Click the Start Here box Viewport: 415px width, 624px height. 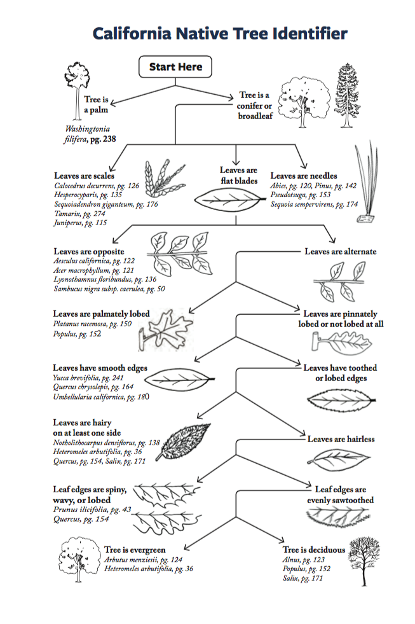(x=175, y=67)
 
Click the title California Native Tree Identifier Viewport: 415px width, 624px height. (x=220, y=33)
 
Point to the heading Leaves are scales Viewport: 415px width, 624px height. (x=84, y=175)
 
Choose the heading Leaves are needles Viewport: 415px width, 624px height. (x=304, y=175)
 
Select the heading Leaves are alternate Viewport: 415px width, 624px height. (x=340, y=251)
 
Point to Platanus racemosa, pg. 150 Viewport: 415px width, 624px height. (x=93, y=324)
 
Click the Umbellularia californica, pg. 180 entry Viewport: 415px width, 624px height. (x=102, y=397)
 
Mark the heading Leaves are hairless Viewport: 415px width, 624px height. (x=341, y=439)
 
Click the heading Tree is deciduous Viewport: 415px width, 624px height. (x=314, y=550)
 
